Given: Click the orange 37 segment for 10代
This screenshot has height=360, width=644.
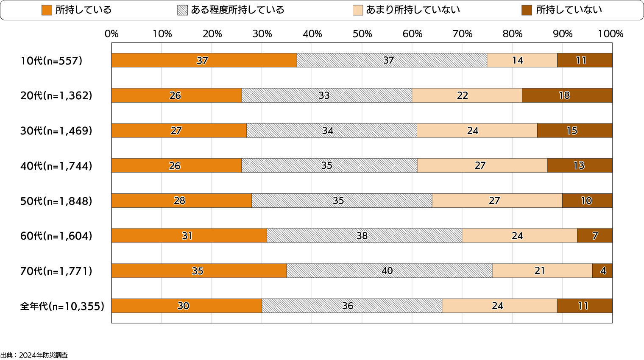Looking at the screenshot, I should pos(204,60).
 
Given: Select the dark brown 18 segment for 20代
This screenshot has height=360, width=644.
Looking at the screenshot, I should pos(567,95).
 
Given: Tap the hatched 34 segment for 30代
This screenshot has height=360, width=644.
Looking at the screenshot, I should pos(332,131).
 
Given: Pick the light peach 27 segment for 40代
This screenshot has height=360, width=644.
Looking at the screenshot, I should pos(482,165).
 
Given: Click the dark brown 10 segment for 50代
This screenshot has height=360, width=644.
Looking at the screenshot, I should pos(587,201).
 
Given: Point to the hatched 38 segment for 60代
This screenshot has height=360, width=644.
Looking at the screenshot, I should pos(364,236).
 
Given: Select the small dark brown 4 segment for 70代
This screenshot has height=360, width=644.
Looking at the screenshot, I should pos(602,271).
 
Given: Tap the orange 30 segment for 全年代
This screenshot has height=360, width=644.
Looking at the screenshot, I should pos(187,306).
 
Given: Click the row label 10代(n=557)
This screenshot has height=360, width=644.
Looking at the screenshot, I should pos(51,61).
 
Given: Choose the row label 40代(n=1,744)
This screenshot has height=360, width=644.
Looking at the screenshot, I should pos(56,166).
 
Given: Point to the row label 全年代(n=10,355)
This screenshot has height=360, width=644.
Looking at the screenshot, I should pos(62,306).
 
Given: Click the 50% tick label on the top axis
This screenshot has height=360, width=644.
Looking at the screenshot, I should pos(362,34).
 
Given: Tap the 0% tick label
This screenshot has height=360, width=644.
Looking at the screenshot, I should pos(112,34).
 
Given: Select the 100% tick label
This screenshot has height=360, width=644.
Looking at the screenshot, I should pos(611,34).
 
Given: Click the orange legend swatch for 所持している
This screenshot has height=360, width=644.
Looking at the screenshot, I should pos(47,10).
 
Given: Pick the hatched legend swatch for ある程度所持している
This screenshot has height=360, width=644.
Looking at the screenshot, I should pos(182,10).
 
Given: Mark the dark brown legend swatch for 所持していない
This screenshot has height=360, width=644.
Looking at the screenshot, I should pos(527,10).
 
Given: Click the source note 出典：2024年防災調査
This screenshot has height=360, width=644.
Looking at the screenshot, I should pos(34,355).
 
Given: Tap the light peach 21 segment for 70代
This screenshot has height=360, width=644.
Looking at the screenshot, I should pos(542,271).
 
